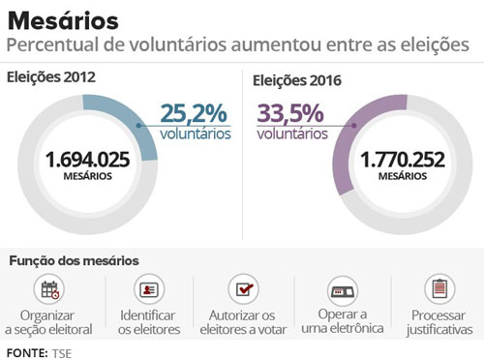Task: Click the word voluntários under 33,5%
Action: click(292, 135)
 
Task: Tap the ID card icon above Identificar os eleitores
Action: click(148, 289)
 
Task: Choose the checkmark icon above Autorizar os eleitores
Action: click(242, 289)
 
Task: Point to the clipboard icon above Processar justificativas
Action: click(439, 289)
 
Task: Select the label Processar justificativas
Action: click(439, 322)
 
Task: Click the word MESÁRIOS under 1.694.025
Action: click(87, 176)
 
